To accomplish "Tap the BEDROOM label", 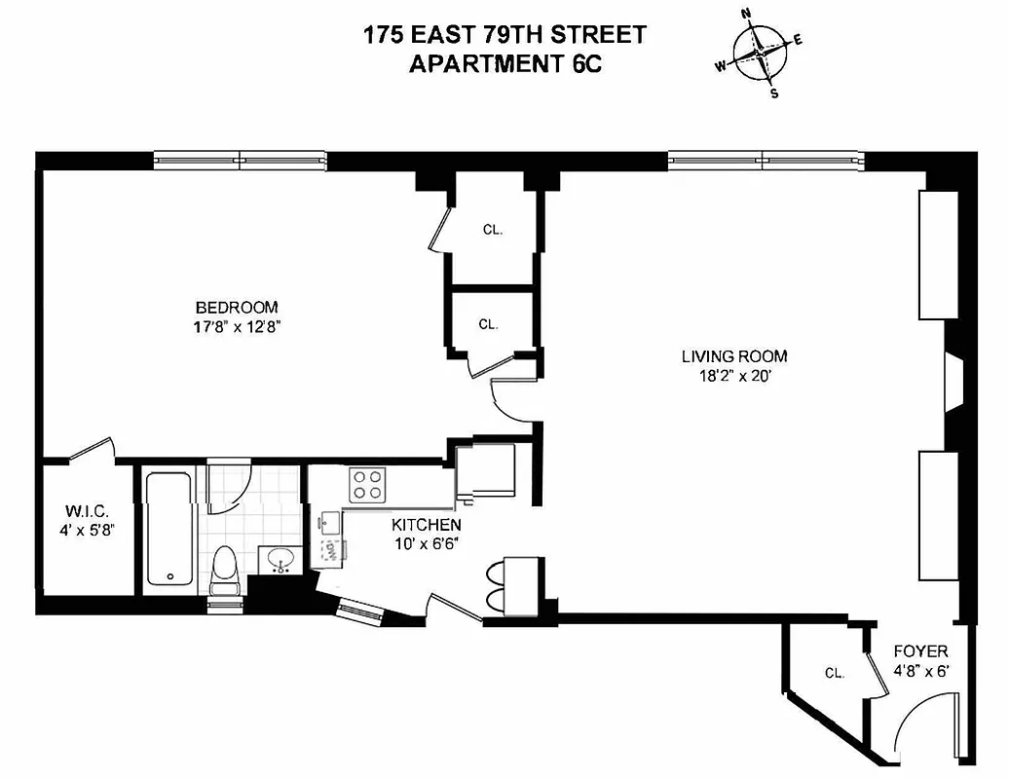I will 237,307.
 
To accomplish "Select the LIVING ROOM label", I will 734,356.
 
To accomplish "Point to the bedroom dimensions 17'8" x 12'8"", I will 237,327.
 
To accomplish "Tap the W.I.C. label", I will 86,511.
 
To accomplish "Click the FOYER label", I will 920,651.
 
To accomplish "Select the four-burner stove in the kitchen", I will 367,484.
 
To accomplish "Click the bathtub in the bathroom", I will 169,529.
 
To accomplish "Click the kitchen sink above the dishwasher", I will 328,521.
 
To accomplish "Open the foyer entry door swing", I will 925,725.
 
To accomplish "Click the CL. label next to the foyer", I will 834,673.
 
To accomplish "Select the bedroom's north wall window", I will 240,159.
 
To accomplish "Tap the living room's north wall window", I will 765,159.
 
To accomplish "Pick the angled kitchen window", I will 360,612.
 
